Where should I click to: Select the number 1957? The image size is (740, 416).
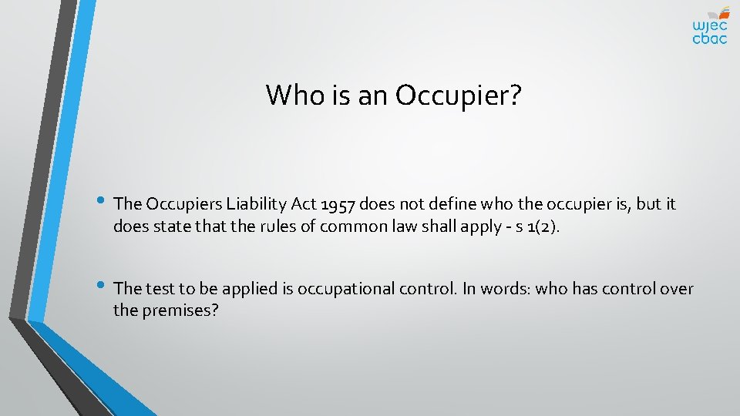(335, 204)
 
